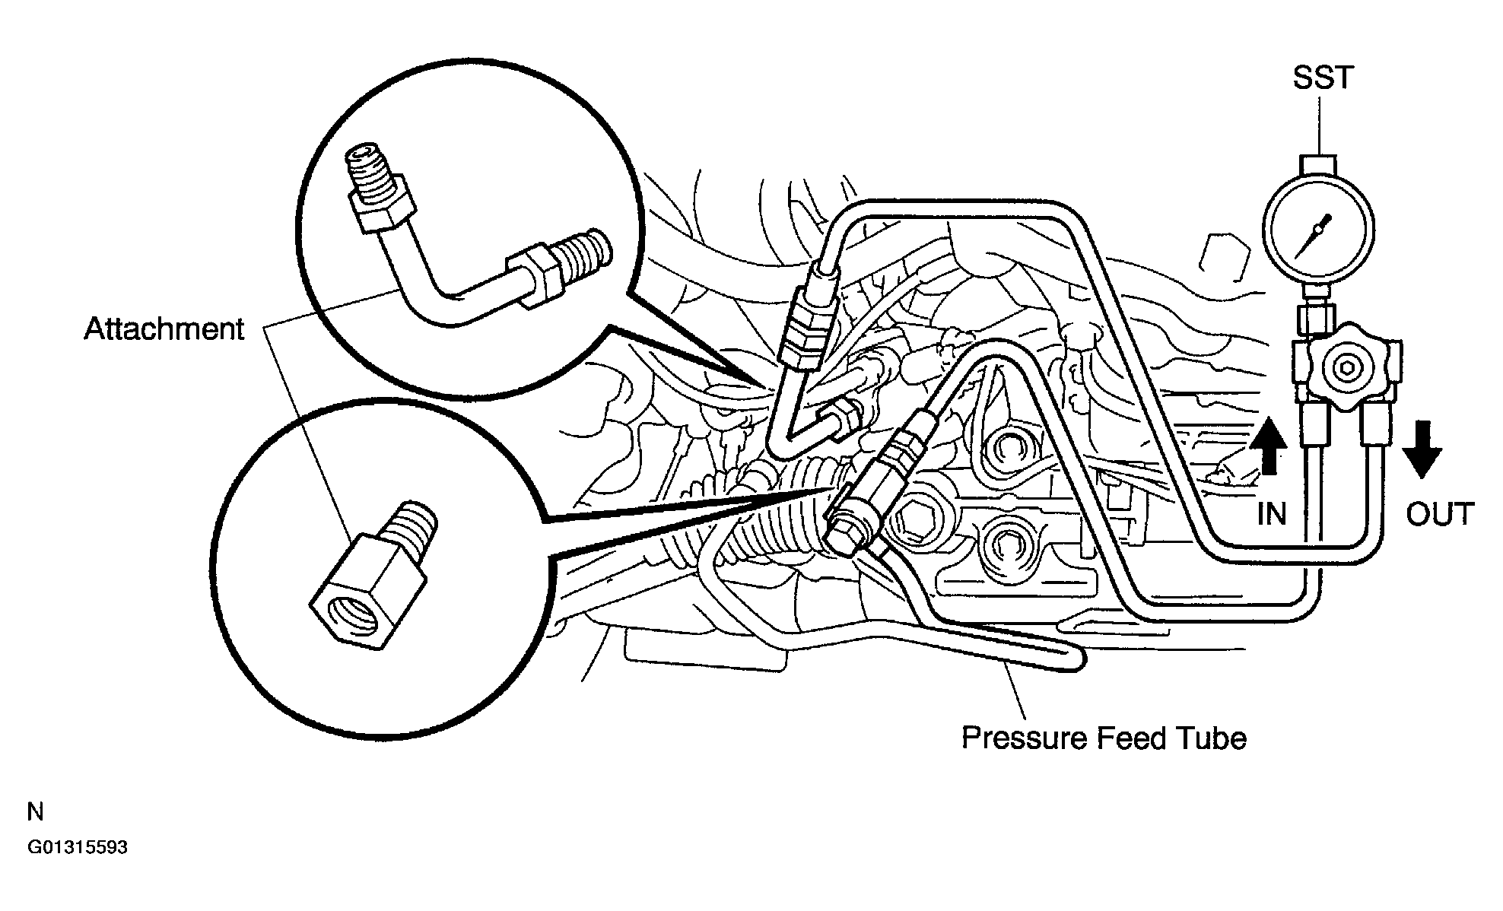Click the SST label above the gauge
tap(1323, 78)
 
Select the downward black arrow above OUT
tap(1421, 449)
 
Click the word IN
tap(1271, 515)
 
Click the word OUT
tap(1439, 515)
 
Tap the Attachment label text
tap(164, 329)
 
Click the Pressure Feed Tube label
tap(1104, 738)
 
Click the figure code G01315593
tap(78, 847)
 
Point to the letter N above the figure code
tap(35, 812)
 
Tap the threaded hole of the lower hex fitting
tap(351, 612)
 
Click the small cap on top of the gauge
tap(1319, 164)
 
